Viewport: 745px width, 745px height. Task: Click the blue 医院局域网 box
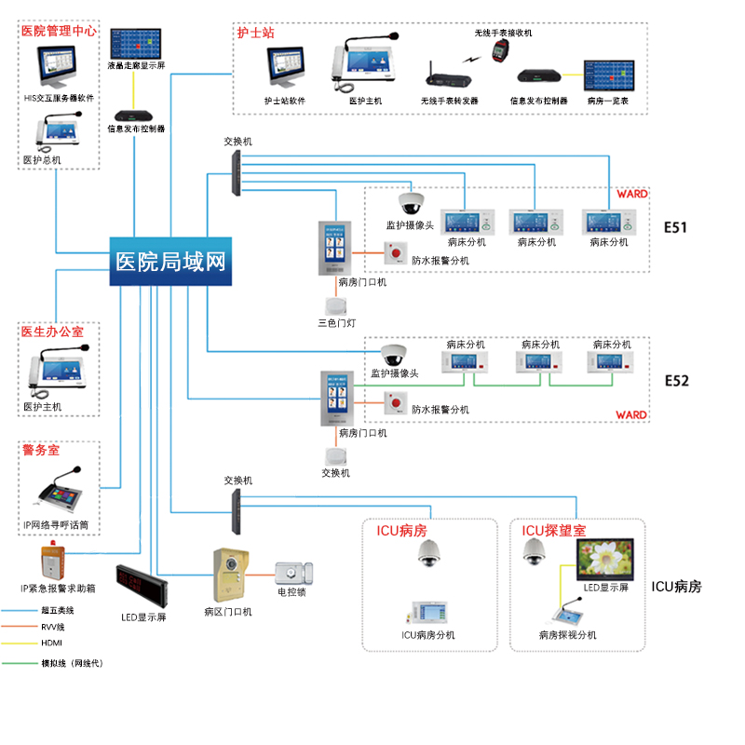click(169, 260)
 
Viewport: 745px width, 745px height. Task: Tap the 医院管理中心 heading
click(58, 31)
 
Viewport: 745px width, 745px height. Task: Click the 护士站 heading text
click(255, 33)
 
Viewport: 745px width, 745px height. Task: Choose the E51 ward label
click(676, 226)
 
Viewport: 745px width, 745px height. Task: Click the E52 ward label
click(676, 381)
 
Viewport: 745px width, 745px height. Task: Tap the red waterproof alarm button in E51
click(398, 251)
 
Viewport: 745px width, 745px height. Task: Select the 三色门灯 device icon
click(335, 306)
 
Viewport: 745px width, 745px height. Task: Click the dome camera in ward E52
click(393, 355)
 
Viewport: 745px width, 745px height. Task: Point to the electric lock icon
click(292, 572)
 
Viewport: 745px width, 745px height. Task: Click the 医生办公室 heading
click(52, 332)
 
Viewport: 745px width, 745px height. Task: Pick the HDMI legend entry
click(51, 643)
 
